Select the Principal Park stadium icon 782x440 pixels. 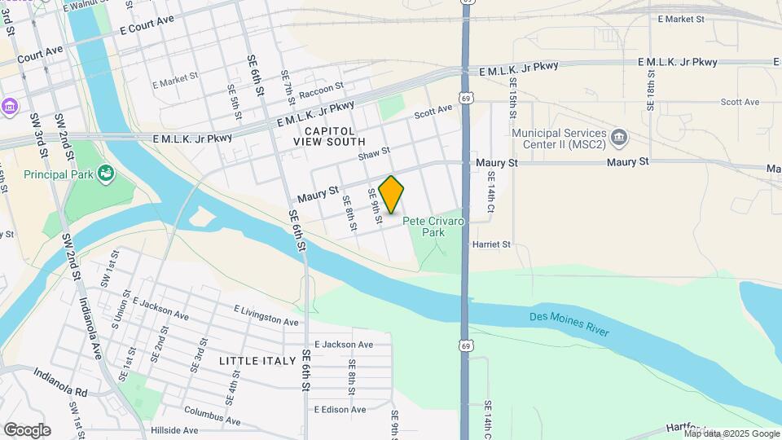(104, 173)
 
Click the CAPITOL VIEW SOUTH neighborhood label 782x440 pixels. (330, 136)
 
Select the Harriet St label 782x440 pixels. (491, 244)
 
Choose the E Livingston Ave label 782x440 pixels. (266, 315)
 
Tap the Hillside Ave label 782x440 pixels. (174, 430)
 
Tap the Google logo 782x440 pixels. (27, 430)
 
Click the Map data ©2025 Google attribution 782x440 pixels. (731, 433)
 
